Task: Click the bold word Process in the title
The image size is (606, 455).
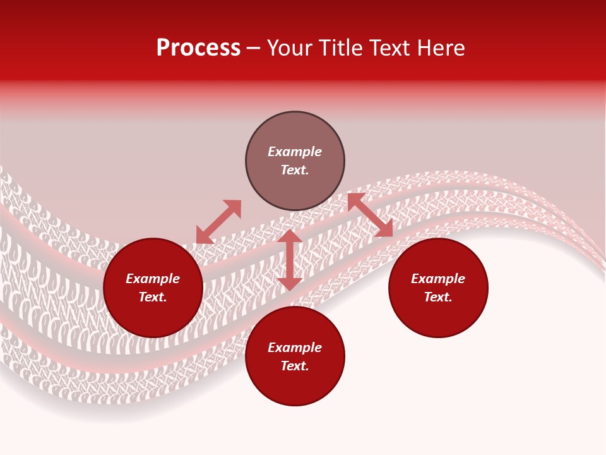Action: (198, 48)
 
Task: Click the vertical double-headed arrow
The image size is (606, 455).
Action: (290, 260)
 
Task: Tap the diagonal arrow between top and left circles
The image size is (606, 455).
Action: (218, 222)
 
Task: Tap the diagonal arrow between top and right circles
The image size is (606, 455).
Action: (371, 215)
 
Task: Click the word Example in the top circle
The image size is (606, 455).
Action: (295, 152)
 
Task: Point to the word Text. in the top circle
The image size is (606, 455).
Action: (295, 170)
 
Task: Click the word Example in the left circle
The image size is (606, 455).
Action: (153, 279)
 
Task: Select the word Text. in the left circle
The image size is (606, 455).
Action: (153, 297)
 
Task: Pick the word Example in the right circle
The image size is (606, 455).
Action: (438, 279)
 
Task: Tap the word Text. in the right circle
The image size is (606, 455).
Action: (438, 297)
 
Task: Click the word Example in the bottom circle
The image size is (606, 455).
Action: (295, 348)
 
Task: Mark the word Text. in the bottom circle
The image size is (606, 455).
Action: (295, 366)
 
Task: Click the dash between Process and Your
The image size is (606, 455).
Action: (254, 49)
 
